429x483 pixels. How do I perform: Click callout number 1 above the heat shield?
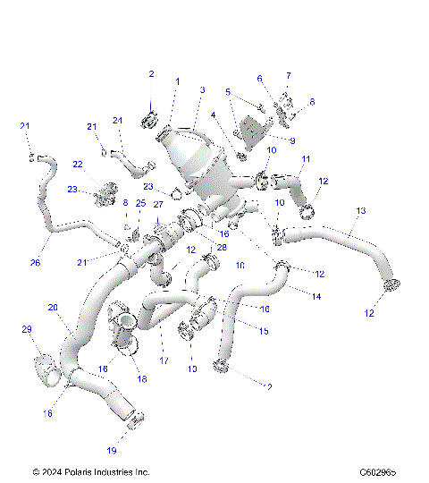click(177, 81)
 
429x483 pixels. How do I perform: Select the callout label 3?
click(203, 90)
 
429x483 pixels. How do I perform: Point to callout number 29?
click(26, 330)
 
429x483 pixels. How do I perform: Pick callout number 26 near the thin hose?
click(36, 263)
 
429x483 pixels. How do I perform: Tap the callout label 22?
click(78, 165)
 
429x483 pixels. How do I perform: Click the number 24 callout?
click(117, 121)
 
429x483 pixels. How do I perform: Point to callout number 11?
click(305, 159)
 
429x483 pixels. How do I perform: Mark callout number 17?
click(164, 360)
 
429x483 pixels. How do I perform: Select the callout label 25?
click(140, 204)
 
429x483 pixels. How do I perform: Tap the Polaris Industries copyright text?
click(90, 471)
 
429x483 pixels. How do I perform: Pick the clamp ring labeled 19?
click(134, 418)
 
